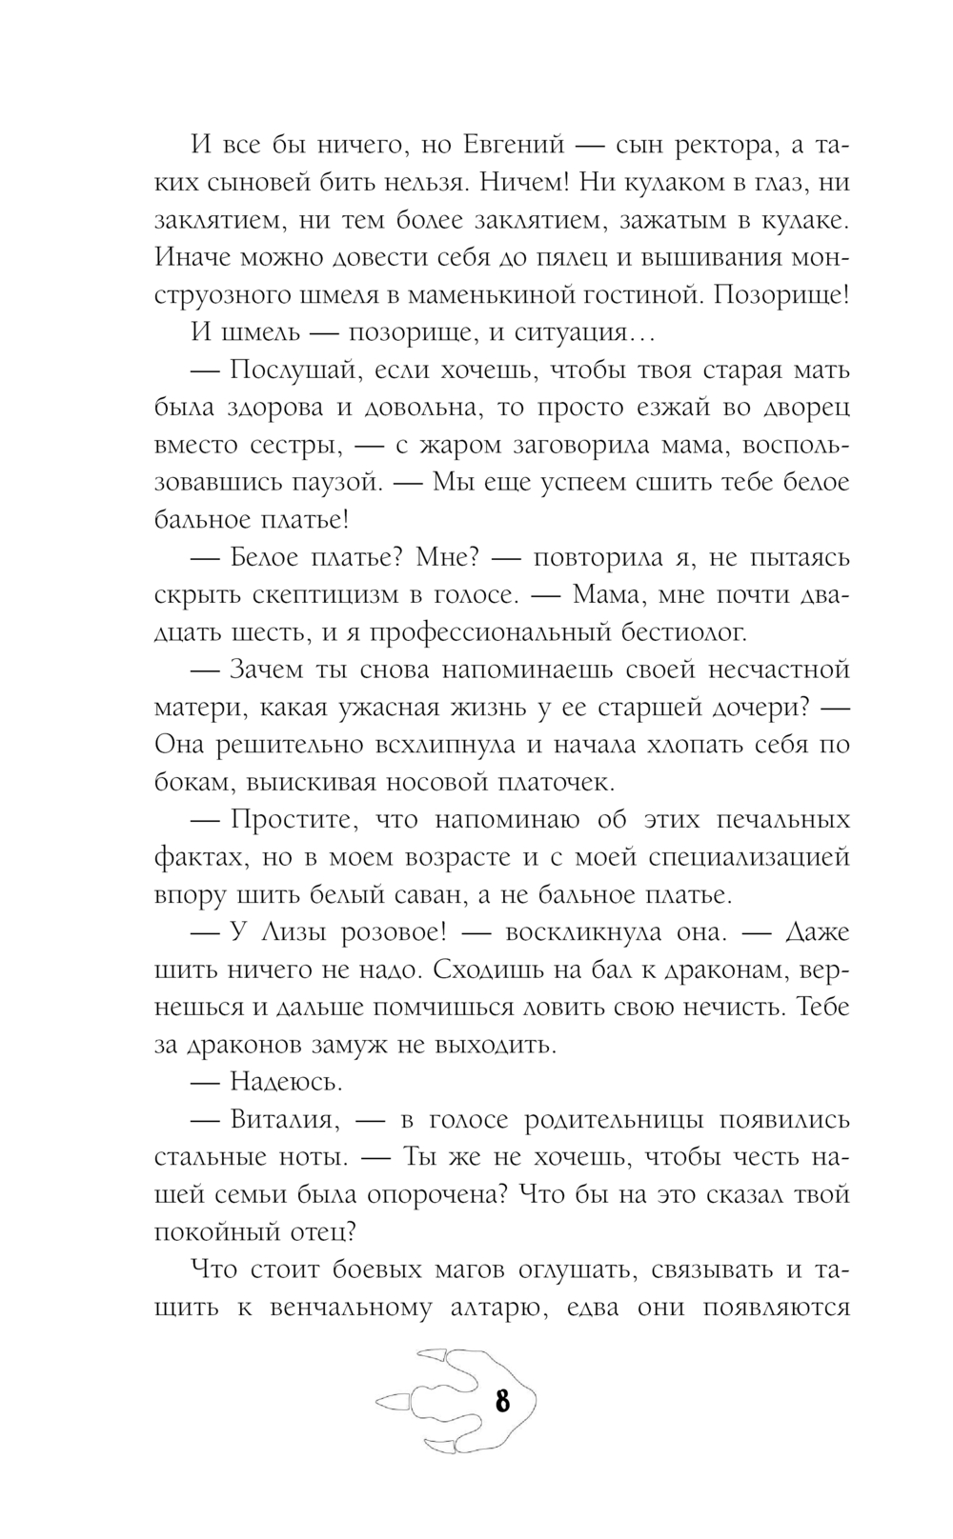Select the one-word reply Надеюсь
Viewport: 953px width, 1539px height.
coord(286,1082)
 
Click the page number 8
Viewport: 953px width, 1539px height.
coord(502,1401)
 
